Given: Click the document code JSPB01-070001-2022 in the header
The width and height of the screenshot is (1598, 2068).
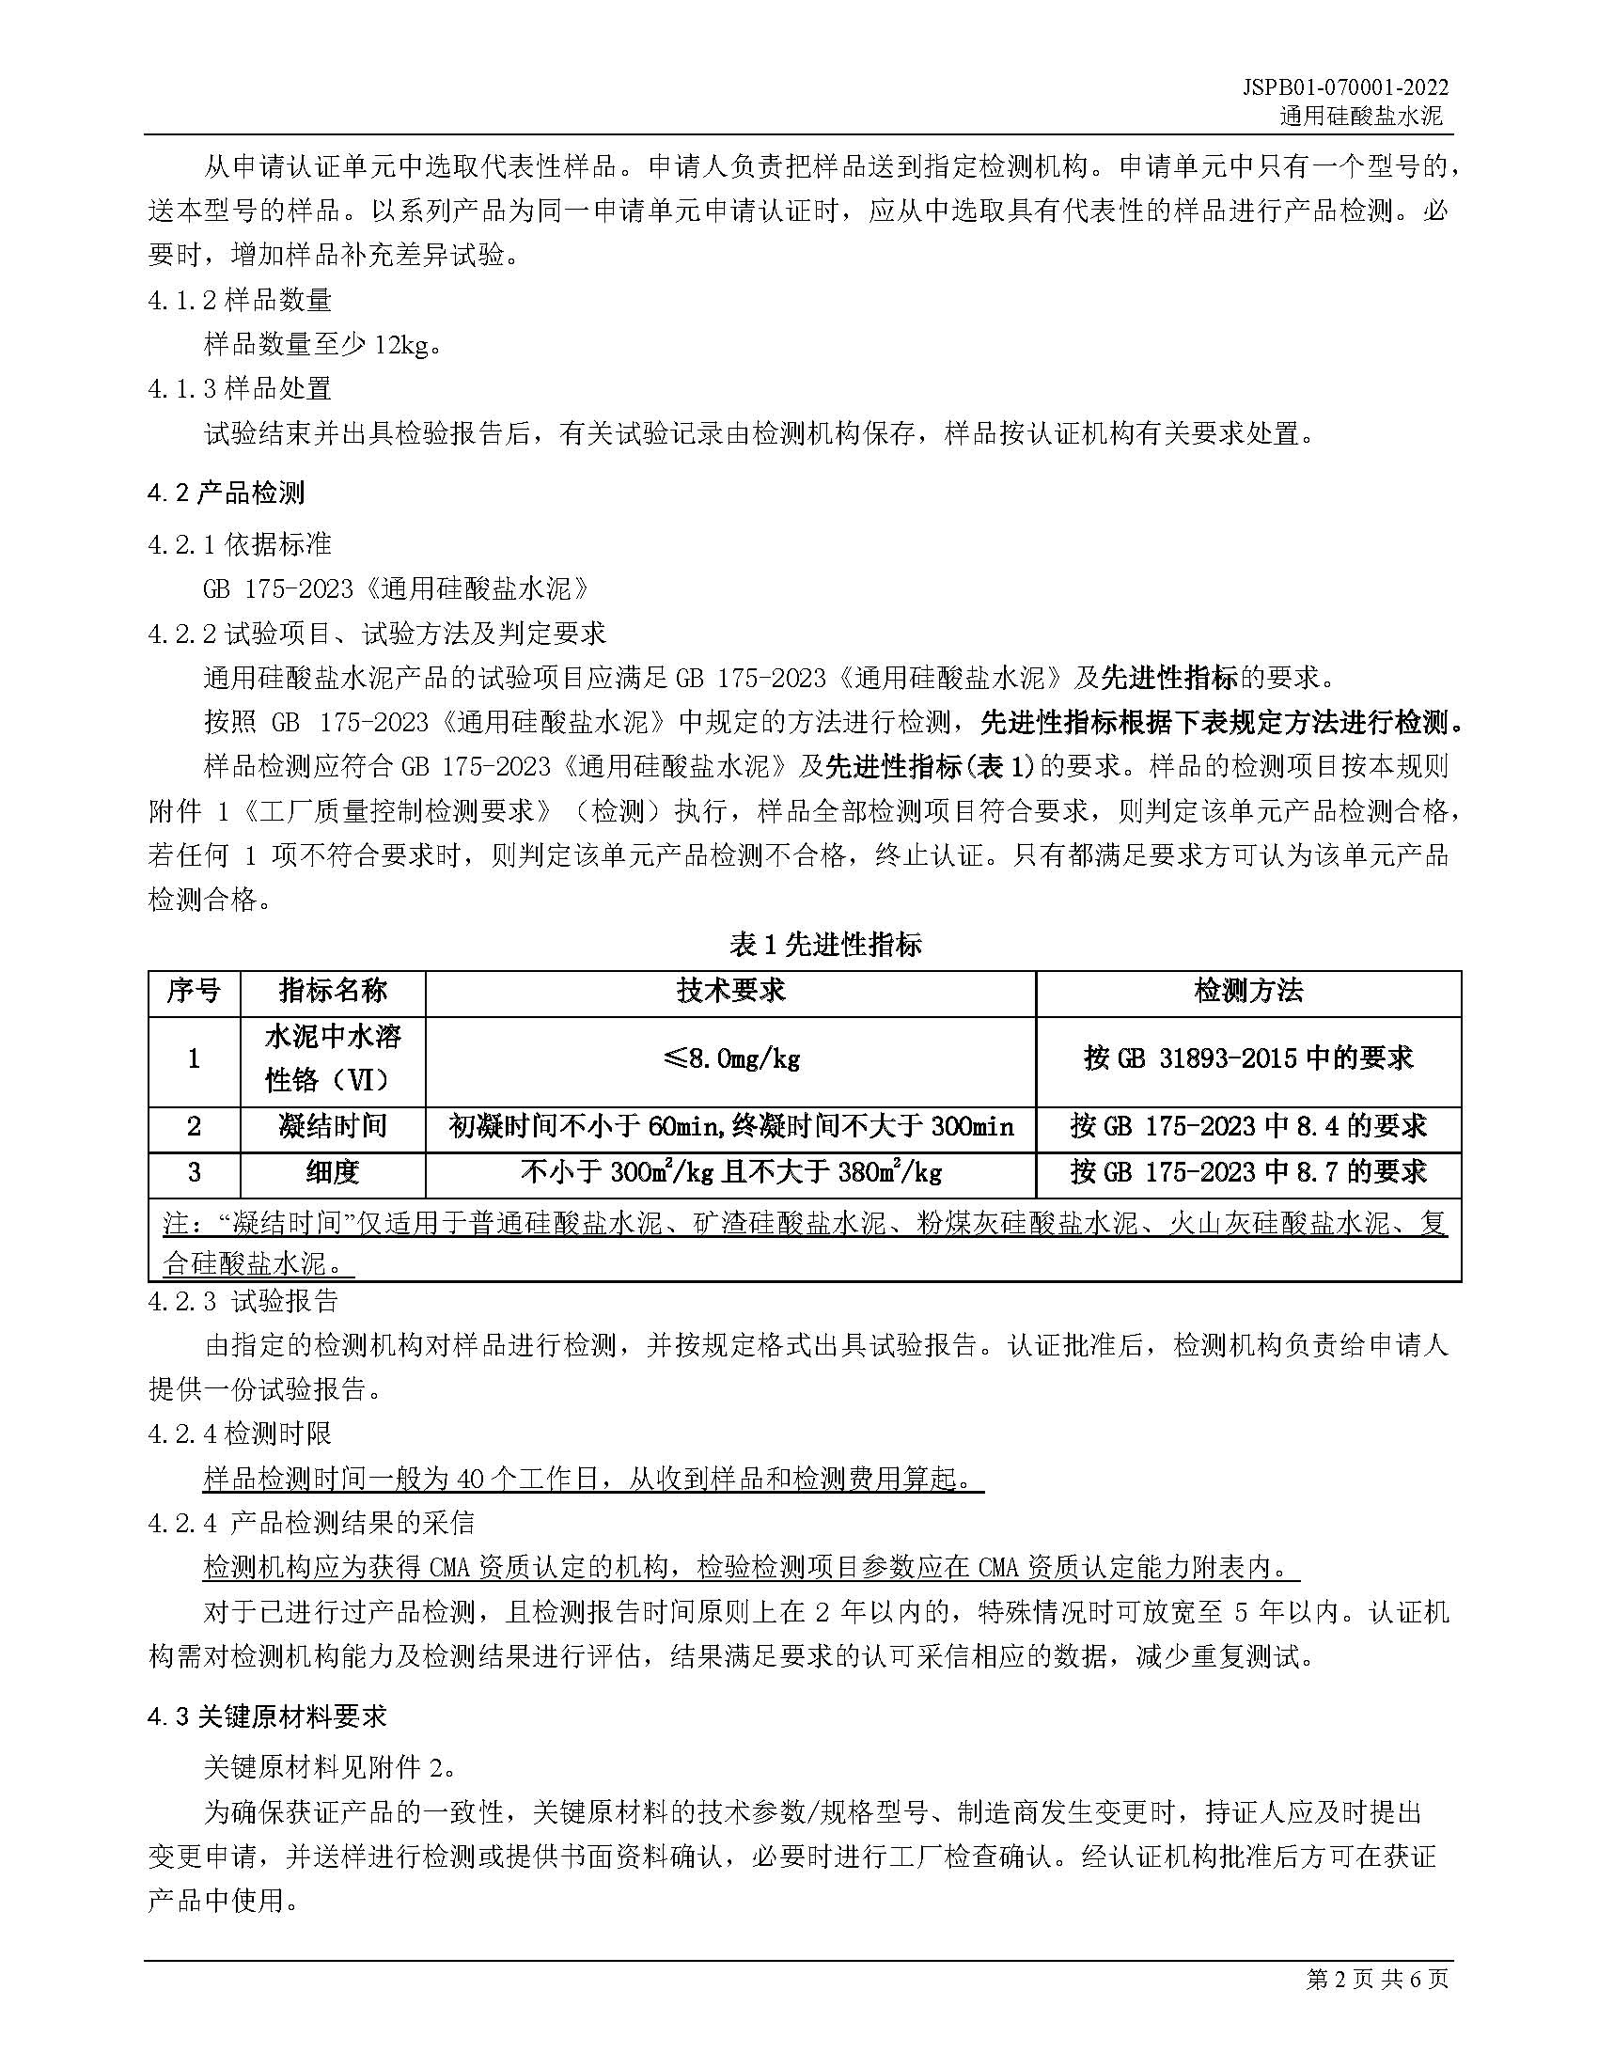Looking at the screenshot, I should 1345,88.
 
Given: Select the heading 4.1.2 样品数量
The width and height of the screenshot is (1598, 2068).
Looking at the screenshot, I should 240,300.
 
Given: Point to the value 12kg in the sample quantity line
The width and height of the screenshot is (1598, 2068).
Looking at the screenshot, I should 400,345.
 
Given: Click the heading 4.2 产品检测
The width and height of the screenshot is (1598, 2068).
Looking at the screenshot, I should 227,493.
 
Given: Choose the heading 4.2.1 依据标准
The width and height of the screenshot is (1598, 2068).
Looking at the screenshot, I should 240,544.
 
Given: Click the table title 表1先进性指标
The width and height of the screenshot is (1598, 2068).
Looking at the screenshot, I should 824,944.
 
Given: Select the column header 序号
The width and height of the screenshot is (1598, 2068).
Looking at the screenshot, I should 194,992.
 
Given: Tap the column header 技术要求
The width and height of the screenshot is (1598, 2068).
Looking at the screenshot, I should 729,992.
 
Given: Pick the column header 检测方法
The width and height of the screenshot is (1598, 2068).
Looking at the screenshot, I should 1247,992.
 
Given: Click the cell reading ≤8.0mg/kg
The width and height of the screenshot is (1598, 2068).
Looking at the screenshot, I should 729,1058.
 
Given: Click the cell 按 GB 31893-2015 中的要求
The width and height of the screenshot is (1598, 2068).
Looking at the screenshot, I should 1247,1058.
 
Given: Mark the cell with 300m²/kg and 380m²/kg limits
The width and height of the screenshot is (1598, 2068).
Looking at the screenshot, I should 729,1172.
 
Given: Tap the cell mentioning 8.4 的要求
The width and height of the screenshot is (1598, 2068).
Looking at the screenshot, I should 1247,1126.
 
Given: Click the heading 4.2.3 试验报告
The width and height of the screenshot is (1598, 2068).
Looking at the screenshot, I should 243,1301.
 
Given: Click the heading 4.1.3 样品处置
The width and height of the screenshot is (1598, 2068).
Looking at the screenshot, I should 240,388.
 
